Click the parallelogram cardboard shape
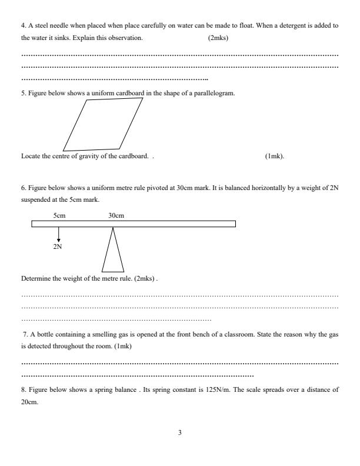[102, 124]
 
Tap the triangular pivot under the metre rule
[113, 250]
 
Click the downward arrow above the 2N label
[58, 235]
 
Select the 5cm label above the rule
[59, 215]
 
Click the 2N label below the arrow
[58, 247]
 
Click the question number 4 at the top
[23, 27]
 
